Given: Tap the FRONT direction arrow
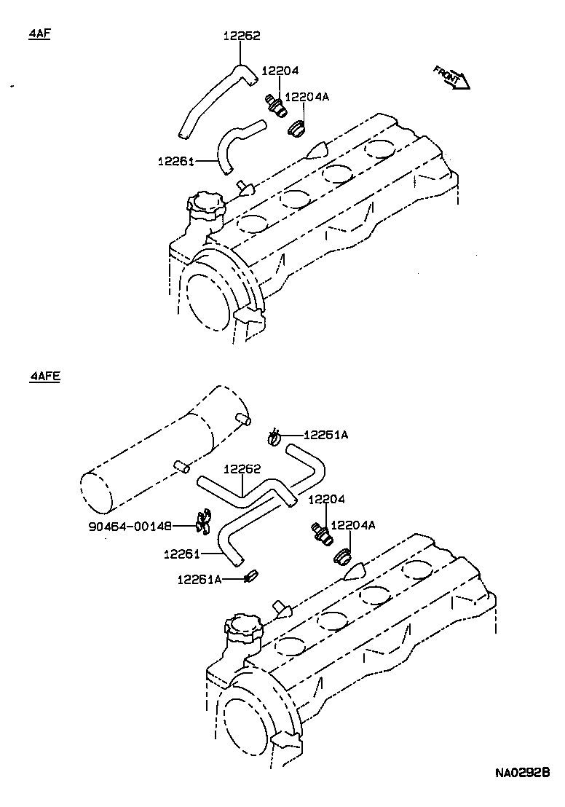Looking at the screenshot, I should point(451,76).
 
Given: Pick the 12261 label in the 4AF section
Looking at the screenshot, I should point(175,160).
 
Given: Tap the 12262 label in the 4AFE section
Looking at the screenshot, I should point(242,470).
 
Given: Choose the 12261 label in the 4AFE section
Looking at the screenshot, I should point(182,554).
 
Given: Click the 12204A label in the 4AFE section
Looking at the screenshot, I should point(353,525).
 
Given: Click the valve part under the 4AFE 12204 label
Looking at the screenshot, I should point(322,532).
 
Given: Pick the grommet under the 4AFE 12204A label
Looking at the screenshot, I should point(341,557).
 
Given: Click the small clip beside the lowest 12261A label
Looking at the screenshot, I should point(252,575).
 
